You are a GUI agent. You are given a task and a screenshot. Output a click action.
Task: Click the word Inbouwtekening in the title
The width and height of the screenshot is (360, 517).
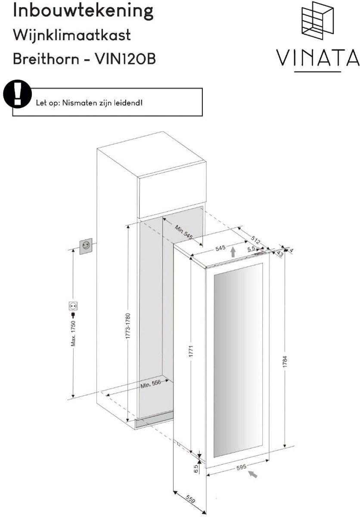83,11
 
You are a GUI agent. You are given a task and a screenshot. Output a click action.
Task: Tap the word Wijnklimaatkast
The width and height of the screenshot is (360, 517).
72,35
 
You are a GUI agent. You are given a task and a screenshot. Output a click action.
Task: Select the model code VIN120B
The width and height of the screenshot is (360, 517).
125,59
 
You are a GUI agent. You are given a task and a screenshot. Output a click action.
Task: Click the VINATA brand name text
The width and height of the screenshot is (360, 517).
317,57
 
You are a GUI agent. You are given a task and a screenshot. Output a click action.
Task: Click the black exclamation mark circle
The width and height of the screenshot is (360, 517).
17,94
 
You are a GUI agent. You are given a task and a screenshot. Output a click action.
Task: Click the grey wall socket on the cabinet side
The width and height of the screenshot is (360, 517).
86,246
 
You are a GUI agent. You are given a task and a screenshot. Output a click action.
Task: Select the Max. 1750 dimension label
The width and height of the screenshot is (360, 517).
73,333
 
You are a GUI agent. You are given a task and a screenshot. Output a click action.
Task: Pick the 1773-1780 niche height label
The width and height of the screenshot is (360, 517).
128,326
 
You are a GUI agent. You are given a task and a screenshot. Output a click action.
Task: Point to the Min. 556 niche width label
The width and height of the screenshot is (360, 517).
151,384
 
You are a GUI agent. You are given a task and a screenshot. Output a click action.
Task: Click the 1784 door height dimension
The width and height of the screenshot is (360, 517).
285,361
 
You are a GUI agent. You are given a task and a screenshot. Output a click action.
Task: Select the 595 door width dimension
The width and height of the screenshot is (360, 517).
241,467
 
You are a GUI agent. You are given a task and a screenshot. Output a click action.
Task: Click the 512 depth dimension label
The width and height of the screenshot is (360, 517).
255,240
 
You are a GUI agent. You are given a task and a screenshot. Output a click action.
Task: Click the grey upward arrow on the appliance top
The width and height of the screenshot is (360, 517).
233,252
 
